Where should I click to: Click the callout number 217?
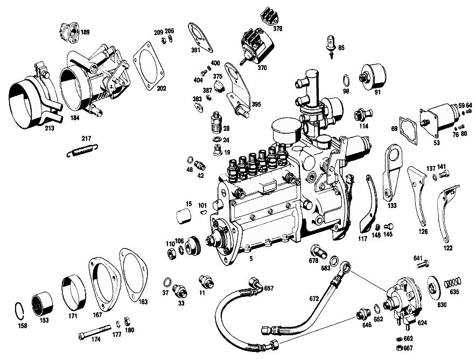86,139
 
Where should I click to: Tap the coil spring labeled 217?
82,150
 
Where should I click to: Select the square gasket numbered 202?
149,66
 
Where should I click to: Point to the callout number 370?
262,68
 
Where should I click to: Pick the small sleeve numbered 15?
184,216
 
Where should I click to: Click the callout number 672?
314,299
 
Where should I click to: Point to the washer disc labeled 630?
433,286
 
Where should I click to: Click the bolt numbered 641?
423,265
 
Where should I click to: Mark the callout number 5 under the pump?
251,259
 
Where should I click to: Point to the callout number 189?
85,32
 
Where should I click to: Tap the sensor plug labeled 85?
332,46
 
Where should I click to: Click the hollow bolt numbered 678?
318,251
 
